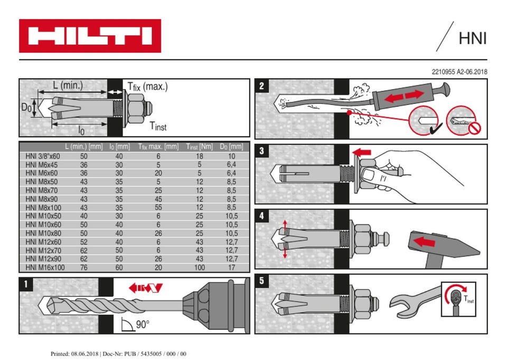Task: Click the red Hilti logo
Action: click(x=90, y=36)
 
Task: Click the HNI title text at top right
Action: click(x=472, y=39)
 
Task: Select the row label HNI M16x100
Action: click(x=45, y=268)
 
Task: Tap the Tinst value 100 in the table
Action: click(x=199, y=268)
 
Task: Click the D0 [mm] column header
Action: click(x=231, y=146)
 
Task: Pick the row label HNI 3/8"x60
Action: click(x=43, y=156)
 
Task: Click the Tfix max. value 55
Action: click(x=158, y=207)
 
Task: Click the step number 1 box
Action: click(x=26, y=285)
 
